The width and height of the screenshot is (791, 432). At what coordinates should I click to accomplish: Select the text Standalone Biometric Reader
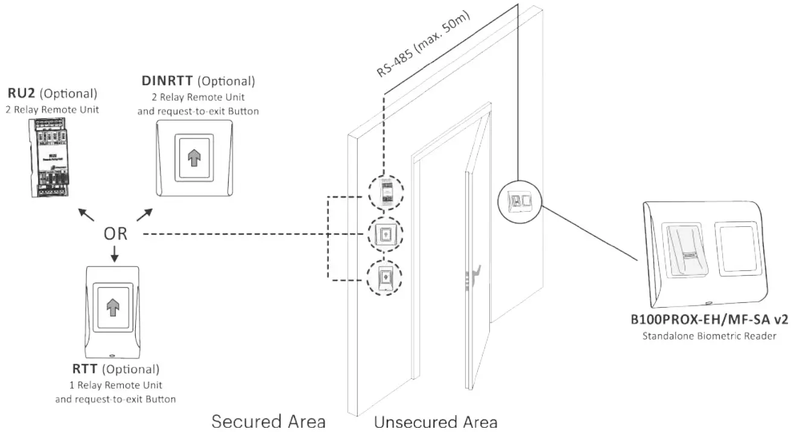[707, 336]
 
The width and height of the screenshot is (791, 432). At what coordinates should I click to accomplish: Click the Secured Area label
[268, 421]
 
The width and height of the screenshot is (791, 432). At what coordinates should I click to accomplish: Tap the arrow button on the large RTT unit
[113, 307]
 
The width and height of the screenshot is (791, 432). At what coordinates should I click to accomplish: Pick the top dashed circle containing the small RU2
[385, 194]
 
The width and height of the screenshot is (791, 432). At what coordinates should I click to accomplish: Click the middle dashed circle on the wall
[385, 234]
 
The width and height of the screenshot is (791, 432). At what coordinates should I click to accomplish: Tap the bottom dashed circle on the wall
[385, 277]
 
